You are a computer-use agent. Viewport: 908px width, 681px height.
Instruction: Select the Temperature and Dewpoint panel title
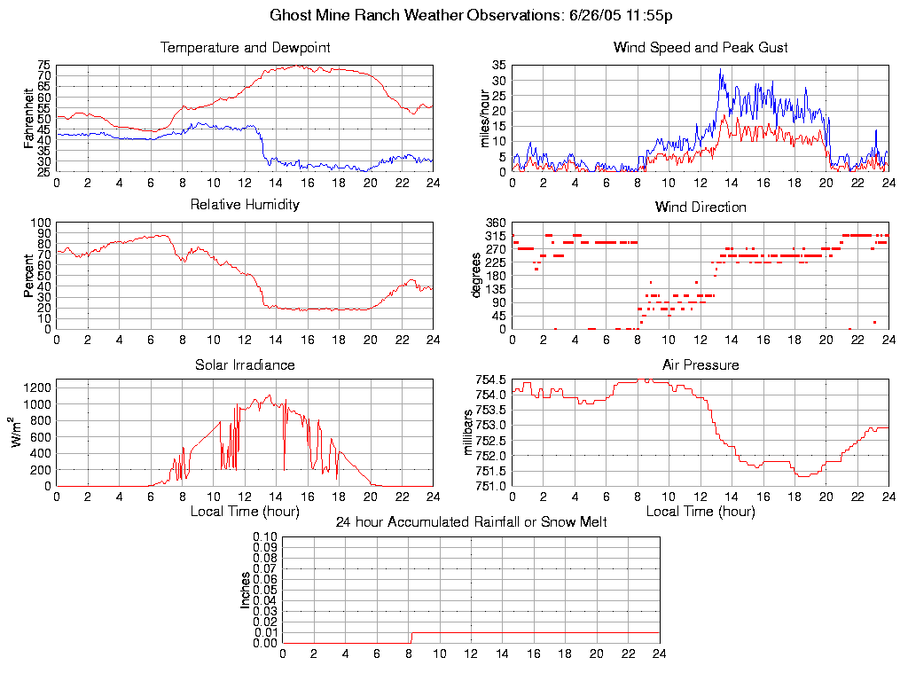[245, 47]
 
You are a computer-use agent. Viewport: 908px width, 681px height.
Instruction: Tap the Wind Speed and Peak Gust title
[701, 47]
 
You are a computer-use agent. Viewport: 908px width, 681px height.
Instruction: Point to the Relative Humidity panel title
[245, 205]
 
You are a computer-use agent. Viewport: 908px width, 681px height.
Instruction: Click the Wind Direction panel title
[701, 207]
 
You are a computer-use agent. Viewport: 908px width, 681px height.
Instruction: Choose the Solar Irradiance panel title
[245, 364]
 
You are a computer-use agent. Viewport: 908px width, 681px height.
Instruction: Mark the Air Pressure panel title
[701, 364]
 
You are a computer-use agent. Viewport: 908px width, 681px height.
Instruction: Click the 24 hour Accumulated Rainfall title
[471, 522]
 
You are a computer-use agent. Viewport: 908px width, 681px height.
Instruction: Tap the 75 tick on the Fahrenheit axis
[43, 66]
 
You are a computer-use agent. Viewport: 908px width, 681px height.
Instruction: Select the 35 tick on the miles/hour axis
[497, 66]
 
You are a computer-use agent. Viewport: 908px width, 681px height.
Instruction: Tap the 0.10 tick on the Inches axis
[265, 536]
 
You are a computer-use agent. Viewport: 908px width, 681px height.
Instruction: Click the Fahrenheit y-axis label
[29, 118]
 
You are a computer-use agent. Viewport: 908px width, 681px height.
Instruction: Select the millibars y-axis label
[470, 433]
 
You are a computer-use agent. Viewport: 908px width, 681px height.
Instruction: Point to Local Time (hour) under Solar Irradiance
[245, 511]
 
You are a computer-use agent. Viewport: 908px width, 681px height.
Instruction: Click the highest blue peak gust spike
[721, 69]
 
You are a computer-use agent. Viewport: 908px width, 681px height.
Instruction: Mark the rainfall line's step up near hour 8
[411, 638]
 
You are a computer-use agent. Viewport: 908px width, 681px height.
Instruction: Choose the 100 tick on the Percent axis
[40, 223]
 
